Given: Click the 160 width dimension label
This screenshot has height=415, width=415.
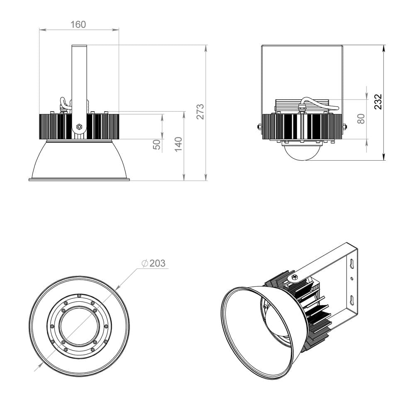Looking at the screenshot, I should pos(78,24).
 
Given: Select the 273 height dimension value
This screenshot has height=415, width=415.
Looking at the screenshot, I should pos(200,112).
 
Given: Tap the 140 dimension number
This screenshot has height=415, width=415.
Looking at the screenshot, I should pos(178,144).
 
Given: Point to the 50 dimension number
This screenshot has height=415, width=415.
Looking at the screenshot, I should pos(157,144).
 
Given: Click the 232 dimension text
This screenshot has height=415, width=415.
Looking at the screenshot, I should pos(378,102).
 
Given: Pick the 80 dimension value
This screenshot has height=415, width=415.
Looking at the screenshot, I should pos(361,119).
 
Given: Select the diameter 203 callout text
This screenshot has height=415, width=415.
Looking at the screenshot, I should pos(154,263).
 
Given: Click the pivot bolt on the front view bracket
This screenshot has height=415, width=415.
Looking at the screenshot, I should pos(79,127).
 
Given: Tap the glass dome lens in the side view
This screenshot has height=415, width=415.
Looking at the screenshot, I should pos(302,151).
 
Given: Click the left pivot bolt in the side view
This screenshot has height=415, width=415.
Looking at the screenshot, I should pos(259,127).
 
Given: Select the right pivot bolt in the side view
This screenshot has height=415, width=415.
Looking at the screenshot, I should pos(344,127).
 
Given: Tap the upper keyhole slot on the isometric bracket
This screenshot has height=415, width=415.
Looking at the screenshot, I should pos(352,264).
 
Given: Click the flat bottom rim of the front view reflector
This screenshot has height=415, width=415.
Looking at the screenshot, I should pos(79,179).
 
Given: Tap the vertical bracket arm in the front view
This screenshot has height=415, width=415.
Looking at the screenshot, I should pos(79,79).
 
